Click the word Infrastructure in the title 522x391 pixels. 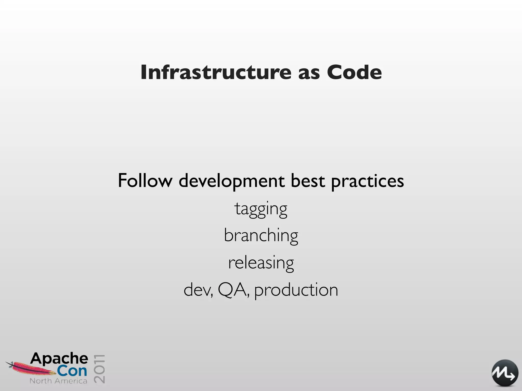pyautogui.click(x=216, y=72)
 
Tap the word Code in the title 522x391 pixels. pyautogui.click(x=354, y=72)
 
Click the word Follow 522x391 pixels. pyautogui.click(x=145, y=181)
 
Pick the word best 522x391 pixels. pyautogui.click(x=308, y=181)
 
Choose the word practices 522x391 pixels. pyautogui.click(x=367, y=182)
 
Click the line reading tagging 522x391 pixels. pyautogui.click(x=261, y=209)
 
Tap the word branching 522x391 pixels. pyautogui.click(x=261, y=236)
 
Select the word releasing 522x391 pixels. pyautogui.click(x=261, y=263)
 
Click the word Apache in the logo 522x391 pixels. pyautogui.click(x=59, y=359)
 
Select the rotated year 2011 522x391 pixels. pyautogui.click(x=99, y=369)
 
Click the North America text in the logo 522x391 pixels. pyautogui.click(x=58, y=381)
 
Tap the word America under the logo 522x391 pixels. pyautogui.click(x=70, y=381)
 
